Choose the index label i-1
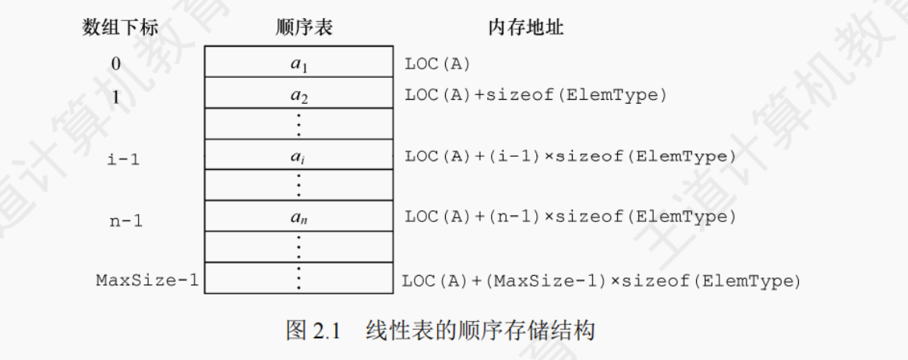(x=122, y=157)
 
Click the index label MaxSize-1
(x=147, y=279)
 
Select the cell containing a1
(x=299, y=63)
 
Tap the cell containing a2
(x=299, y=94)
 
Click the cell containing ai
(x=299, y=156)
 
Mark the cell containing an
(x=299, y=217)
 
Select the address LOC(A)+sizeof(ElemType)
(x=535, y=95)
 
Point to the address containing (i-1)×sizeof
(x=570, y=157)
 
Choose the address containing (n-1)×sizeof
(x=570, y=217)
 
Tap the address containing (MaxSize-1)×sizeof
(x=601, y=280)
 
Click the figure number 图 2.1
(x=314, y=330)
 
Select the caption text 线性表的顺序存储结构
(x=480, y=330)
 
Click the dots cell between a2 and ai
(x=299, y=124)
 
